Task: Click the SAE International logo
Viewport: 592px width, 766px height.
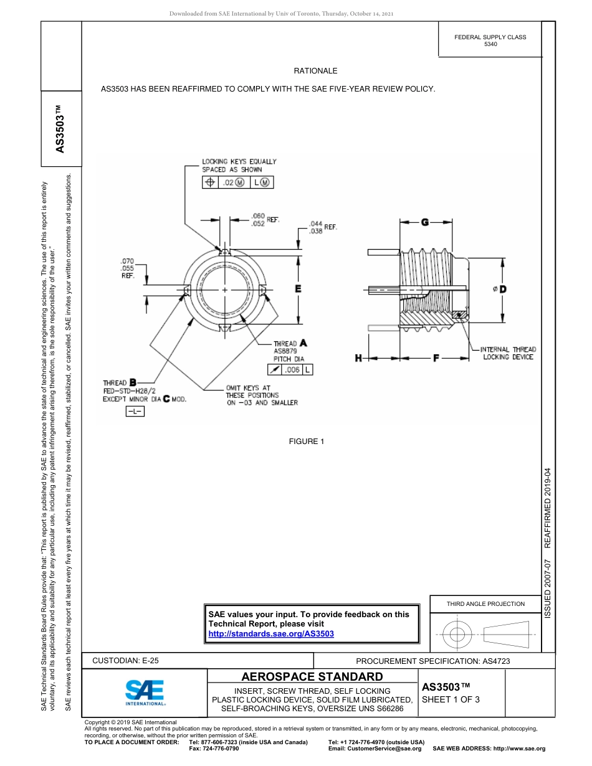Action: coord(145,692)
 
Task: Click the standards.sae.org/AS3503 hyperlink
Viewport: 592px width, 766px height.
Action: coord(271,633)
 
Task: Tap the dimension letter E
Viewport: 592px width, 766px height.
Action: coord(298,289)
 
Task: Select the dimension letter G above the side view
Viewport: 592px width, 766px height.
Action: coord(424,222)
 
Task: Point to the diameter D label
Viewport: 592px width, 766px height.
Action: coord(500,290)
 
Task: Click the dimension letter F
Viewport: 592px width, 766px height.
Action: coord(436,358)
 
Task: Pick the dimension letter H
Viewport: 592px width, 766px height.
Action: coord(359,358)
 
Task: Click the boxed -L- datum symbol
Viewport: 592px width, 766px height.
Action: coord(135,412)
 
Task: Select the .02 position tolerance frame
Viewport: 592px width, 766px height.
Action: coord(238,182)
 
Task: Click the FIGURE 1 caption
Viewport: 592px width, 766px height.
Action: coord(307,442)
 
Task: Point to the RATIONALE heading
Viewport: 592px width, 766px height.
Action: coord(315,71)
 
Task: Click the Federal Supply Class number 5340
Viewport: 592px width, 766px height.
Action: coord(490,45)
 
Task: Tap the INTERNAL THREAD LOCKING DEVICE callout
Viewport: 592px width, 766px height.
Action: coord(508,353)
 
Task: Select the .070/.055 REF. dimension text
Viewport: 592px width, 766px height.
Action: coord(127,268)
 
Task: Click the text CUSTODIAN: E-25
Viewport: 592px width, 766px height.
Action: coord(130,661)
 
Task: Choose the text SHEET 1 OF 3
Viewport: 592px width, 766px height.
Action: coord(451,699)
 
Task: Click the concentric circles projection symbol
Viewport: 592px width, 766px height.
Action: coord(457,635)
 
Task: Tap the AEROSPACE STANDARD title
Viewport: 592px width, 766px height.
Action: coord(312,676)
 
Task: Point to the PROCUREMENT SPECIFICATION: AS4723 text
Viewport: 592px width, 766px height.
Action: coord(432,661)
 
